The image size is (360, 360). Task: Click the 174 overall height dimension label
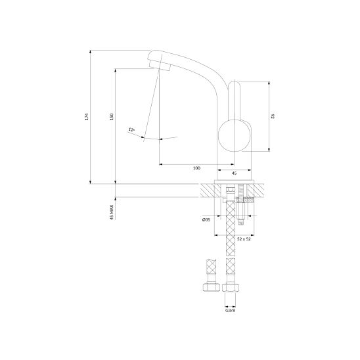tap(87, 117)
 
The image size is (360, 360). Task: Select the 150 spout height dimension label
tap(112, 117)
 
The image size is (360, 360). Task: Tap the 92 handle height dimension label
tap(273, 116)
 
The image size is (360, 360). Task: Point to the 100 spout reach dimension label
tap(196, 168)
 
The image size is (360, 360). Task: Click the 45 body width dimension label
tap(234, 173)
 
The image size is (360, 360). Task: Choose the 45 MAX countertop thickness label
tap(112, 212)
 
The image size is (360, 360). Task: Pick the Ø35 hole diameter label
tap(206, 219)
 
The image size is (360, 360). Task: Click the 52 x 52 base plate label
tap(244, 239)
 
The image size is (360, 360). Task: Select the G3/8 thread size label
tap(230, 311)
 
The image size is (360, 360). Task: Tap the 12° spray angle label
tap(131, 129)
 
